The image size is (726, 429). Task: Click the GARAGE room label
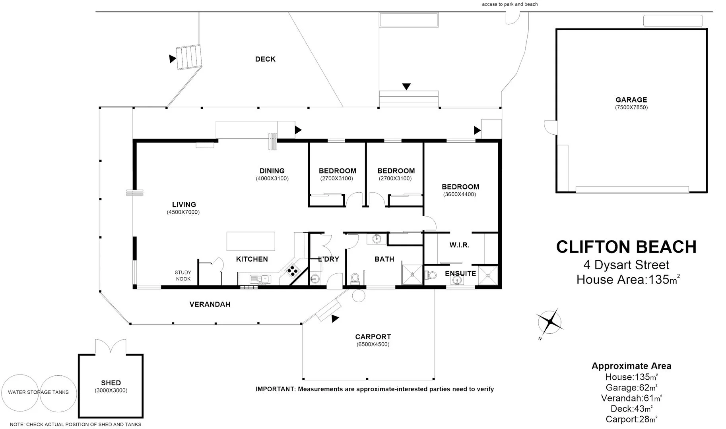tap(631, 100)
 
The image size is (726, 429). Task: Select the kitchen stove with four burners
tap(293, 271)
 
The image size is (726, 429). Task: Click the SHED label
tap(111, 383)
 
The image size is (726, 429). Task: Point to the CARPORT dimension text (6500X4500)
tap(373, 344)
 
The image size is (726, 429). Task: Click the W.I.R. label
tap(459, 245)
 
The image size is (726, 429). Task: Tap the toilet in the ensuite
tap(431, 275)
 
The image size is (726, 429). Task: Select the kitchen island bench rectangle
tap(250, 242)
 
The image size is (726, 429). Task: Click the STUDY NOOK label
tap(183, 276)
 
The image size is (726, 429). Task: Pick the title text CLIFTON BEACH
tap(626, 247)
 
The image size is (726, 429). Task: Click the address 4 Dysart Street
tap(626, 265)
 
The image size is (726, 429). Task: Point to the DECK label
tap(265, 59)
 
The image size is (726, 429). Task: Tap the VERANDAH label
tap(210, 304)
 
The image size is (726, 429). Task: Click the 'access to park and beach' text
tap(510, 4)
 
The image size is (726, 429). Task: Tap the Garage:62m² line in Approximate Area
tap(631, 387)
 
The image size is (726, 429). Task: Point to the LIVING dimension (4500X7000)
tap(183, 212)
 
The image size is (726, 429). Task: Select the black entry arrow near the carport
tap(335, 318)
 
